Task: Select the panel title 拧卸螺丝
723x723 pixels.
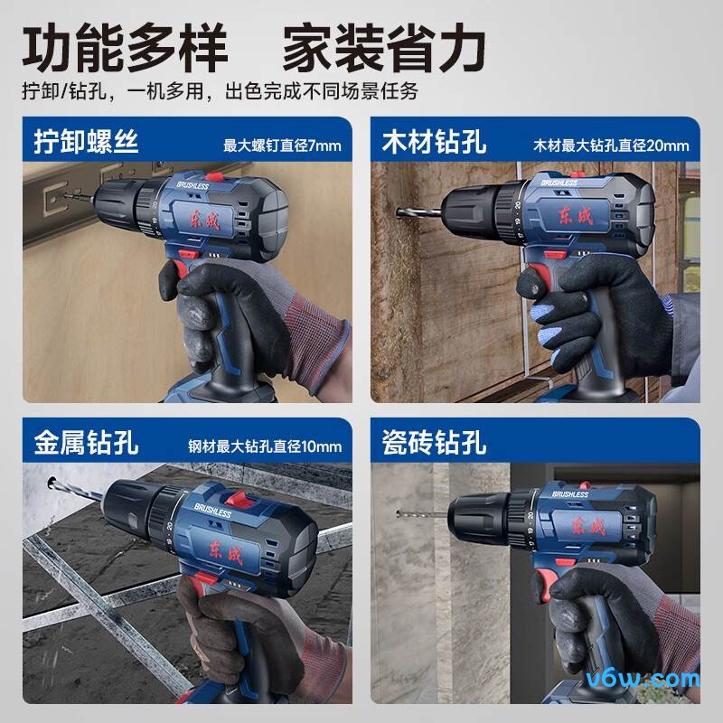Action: pos(87,142)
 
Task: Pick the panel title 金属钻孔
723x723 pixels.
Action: pos(87,443)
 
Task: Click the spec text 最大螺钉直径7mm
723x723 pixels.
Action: pos(282,145)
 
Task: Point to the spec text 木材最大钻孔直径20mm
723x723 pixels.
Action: pos(611,145)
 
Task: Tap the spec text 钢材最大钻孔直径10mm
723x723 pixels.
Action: pos(265,446)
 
